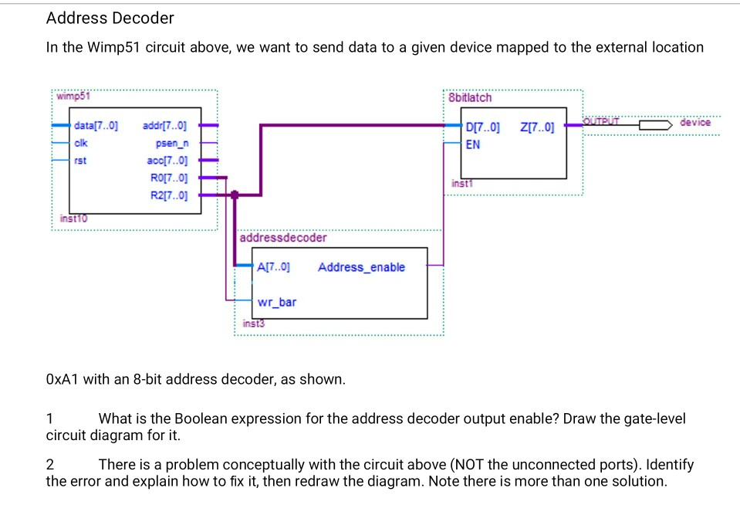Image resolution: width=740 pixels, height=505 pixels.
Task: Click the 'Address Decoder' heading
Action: (110, 18)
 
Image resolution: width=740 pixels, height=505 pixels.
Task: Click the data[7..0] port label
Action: (96, 126)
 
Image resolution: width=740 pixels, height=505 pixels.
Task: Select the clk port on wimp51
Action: (82, 143)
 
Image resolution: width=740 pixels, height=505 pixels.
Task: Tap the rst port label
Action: (80, 160)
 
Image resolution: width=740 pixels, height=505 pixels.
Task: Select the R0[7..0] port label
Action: (169, 178)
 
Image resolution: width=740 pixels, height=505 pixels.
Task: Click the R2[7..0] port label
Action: (169, 195)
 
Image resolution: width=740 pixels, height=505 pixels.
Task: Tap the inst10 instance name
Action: (74, 219)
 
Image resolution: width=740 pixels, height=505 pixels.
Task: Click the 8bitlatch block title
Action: (469, 98)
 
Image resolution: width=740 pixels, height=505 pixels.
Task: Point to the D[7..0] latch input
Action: (483, 127)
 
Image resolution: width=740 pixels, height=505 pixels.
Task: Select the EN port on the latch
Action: (473, 144)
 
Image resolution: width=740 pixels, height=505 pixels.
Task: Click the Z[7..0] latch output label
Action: (537, 127)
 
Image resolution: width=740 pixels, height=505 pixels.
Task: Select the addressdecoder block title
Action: (282, 238)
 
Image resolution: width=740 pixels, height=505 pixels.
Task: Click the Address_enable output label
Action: (360, 267)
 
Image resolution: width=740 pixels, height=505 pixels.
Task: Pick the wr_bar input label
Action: (276, 302)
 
